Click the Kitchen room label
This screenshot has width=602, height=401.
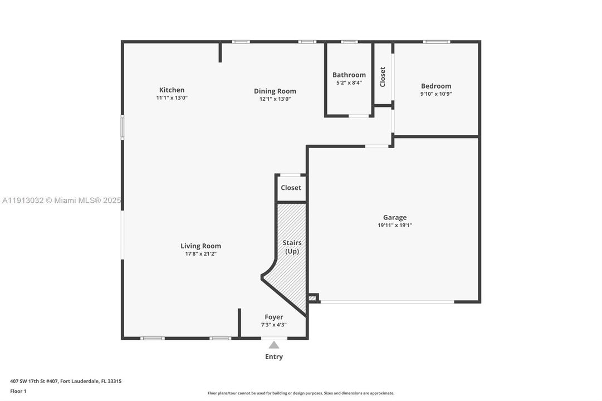click(x=172, y=90)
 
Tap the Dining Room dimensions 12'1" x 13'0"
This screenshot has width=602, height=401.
click(x=275, y=99)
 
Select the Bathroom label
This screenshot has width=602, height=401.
click(x=349, y=75)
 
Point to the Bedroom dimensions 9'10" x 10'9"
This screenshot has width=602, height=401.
click(x=436, y=94)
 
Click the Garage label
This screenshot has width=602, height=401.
click(x=395, y=217)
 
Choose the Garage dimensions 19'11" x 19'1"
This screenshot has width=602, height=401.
click(x=395, y=226)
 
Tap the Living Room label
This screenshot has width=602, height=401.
click(x=200, y=246)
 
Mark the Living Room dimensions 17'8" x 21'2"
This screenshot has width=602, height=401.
click(x=200, y=254)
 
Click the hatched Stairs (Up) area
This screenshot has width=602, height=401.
click(x=292, y=262)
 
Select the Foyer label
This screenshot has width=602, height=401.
click(x=273, y=317)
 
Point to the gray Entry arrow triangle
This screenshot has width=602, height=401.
click(x=274, y=345)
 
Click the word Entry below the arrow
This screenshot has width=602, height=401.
click(x=274, y=357)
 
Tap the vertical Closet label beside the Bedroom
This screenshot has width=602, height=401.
click(x=383, y=77)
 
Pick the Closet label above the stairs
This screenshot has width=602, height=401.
click(x=291, y=188)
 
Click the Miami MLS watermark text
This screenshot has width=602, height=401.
click(x=61, y=200)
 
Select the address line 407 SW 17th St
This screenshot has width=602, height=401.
click(x=66, y=382)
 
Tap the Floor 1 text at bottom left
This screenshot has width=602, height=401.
click(x=18, y=391)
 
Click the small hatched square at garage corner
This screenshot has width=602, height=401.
click(x=312, y=299)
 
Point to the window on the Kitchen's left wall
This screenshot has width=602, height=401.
click(x=123, y=127)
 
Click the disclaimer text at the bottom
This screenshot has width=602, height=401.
click(x=301, y=393)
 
